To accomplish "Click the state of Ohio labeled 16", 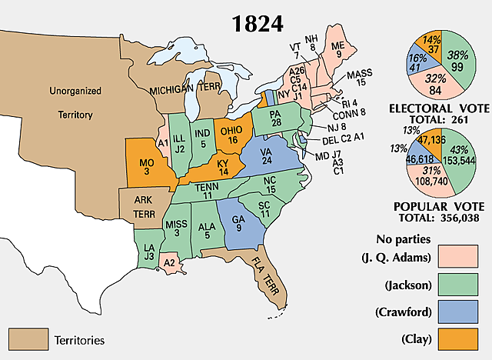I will tap(231, 135).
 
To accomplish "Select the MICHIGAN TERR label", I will tap(184, 89).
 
